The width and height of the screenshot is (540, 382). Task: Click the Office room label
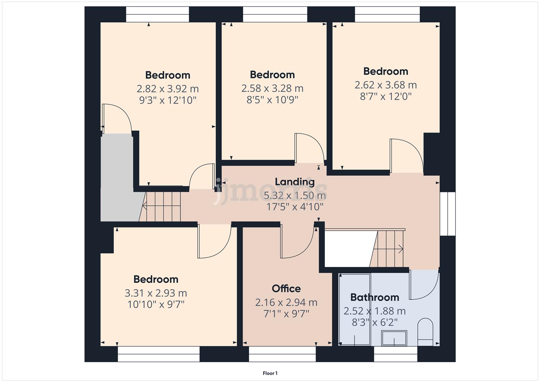click(286, 289)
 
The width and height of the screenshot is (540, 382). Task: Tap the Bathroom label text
click(374, 297)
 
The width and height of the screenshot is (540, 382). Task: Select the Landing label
click(295, 182)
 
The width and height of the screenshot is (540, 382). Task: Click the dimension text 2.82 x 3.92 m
click(168, 88)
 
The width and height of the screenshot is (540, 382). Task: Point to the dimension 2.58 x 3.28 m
click(272, 88)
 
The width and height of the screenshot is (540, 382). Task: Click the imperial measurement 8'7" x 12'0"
click(385, 96)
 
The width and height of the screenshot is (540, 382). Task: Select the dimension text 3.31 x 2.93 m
click(156, 293)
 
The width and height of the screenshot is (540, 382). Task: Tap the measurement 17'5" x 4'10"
click(295, 207)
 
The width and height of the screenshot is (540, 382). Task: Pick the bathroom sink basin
click(394, 337)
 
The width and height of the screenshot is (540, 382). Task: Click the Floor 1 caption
click(270, 373)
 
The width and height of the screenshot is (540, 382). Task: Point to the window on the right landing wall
click(447, 214)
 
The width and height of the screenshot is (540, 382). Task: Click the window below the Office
click(282, 354)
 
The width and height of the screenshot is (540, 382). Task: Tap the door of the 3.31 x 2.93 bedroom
click(214, 242)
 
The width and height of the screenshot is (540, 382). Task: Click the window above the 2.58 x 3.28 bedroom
click(274, 14)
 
